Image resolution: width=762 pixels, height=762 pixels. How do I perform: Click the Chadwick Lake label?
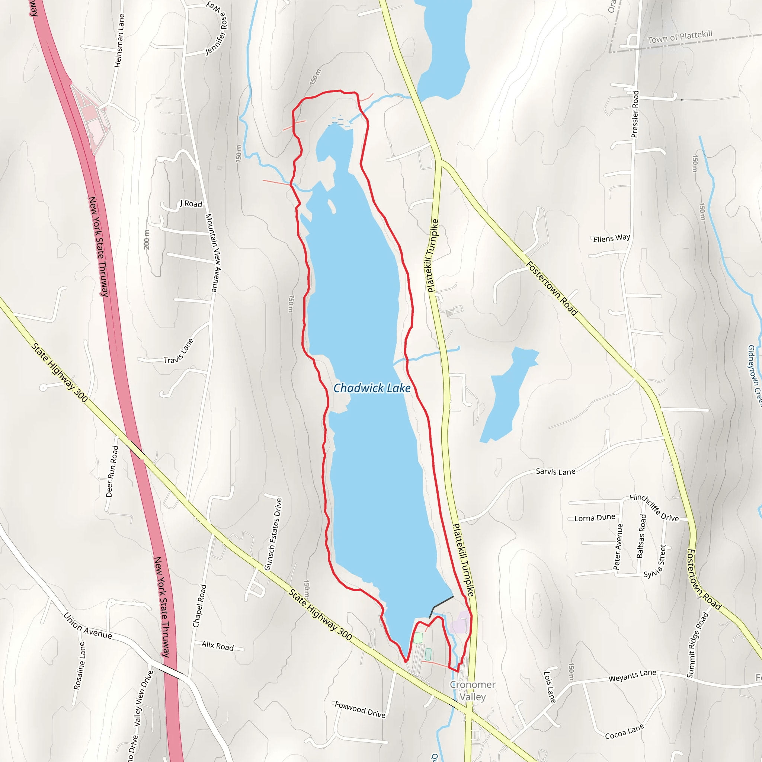[x=372, y=388]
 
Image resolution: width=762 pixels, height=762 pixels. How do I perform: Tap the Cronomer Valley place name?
[x=473, y=691]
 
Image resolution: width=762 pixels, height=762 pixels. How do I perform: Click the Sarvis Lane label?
[x=556, y=472]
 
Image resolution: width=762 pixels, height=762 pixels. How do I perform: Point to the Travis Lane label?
[x=179, y=351]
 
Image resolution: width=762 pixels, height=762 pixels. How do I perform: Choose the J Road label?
[x=191, y=204]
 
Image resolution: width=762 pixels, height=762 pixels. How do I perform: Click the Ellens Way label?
[x=611, y=238]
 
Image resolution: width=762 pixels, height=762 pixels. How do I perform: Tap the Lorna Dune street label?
[x=594, y=518]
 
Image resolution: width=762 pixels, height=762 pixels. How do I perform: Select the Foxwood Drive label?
[x=360, y=710]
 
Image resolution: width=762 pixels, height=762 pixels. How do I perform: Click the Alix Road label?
[x=217, y=646]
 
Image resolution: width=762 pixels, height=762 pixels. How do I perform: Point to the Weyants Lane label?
[x=632, y=676]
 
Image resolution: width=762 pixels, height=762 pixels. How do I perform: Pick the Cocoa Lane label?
[x=624, y=731]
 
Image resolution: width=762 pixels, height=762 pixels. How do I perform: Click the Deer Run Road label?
[x=112, y=471]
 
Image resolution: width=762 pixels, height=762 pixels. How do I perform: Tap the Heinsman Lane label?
[x=119, y=41]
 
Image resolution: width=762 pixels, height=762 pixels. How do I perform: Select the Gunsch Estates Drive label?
[x=273, y=534]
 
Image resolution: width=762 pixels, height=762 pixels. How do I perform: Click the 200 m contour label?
[x=147, y=239]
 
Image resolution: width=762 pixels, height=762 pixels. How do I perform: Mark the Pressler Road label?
[x=635, y=114]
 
